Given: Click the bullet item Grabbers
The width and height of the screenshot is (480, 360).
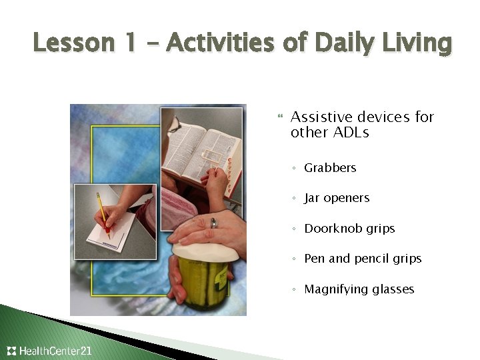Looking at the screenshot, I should coord(330,168).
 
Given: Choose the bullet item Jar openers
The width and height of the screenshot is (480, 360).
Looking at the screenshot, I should coord(336,198).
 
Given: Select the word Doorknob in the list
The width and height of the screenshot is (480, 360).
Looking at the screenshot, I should coord(331,229).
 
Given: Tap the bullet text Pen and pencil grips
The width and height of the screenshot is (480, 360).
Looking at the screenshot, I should coord(363,259).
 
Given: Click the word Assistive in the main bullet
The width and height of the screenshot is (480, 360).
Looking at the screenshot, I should coord(318,117).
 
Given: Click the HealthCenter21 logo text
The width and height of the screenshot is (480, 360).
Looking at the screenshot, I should coord(55,351).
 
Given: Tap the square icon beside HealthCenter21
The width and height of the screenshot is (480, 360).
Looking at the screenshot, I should coord(11,351).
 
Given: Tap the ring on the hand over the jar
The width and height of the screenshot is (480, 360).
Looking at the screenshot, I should coord(214,224).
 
